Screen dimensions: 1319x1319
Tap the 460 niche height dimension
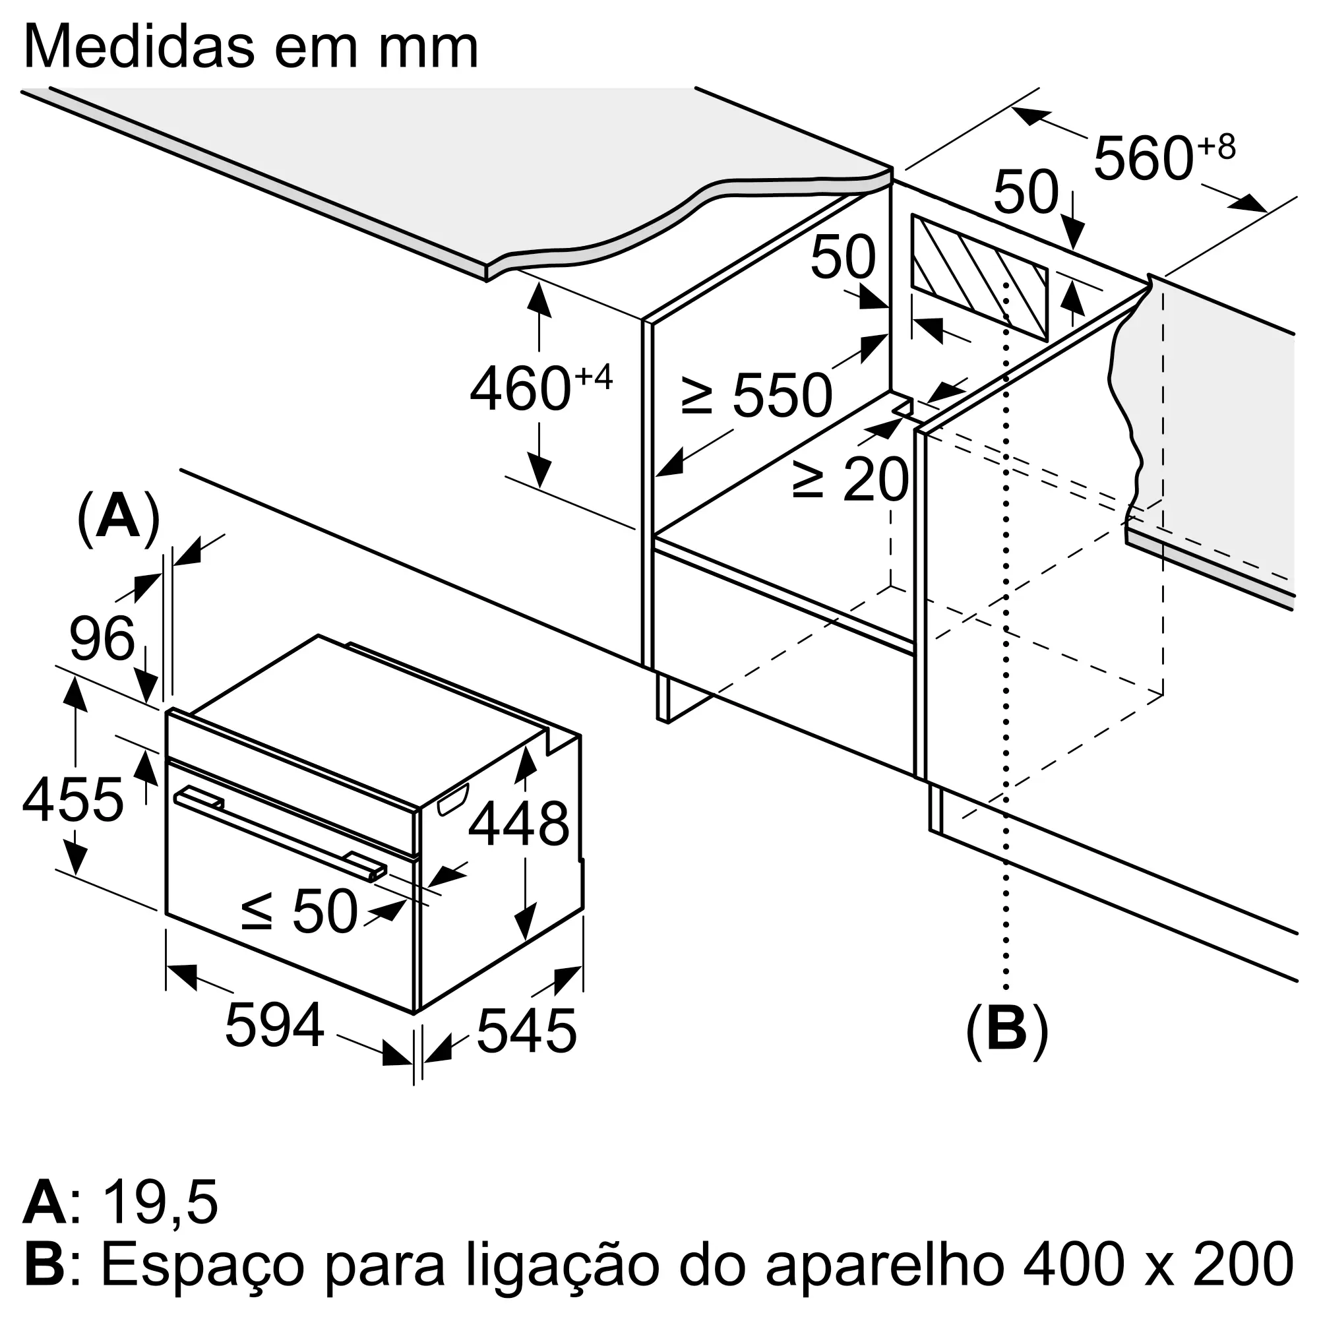coord(541,387)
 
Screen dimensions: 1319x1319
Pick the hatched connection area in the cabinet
coord(980,278)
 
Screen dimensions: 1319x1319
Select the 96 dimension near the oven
coord(102,638)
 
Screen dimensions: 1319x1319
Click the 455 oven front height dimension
coord(73,799)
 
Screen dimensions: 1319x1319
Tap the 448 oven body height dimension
coord(519,824)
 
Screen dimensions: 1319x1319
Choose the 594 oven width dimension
coord(275,1025)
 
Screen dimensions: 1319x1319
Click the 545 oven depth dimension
coord(527,1031)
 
